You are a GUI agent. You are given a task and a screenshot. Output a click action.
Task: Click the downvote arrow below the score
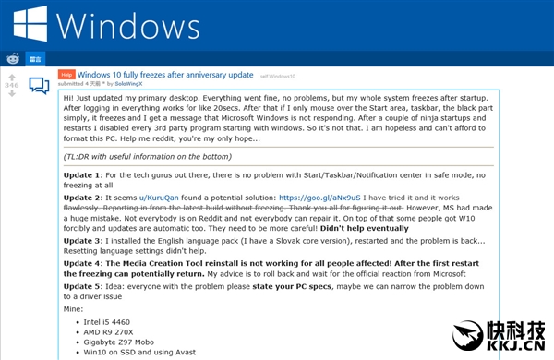(12, 95)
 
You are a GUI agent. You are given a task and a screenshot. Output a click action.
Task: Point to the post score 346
(12, 85)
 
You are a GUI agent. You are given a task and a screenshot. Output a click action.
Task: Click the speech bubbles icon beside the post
(39, 86)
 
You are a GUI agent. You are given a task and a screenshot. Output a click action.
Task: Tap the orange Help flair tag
(66, 73)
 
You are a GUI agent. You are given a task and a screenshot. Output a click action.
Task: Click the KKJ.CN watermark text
(513, 348)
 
